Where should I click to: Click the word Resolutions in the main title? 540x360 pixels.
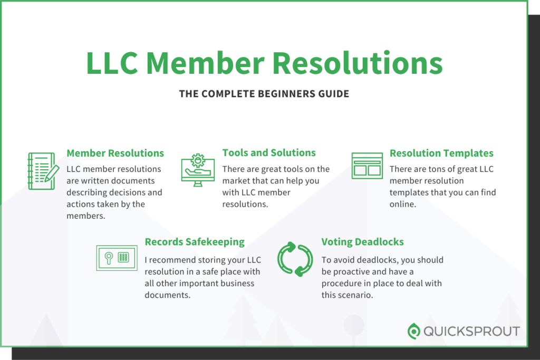(358, 63)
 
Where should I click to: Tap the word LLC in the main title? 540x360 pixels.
(112, 63)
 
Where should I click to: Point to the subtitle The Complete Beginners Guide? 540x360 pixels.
(264, 94)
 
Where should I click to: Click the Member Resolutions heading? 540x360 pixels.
(115, 153)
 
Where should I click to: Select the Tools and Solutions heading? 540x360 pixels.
(269, 153)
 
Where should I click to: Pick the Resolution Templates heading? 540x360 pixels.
(441, 153)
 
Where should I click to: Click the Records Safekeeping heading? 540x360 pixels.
(195, 242)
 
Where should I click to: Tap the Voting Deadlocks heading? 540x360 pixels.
(363, 242)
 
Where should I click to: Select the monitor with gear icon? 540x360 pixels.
(198, 170)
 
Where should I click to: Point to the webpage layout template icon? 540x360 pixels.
(367, 166)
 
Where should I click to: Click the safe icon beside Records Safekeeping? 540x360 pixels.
(117, 258)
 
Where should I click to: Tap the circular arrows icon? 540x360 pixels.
(295, 259)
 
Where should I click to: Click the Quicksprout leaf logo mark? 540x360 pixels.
(413, 331)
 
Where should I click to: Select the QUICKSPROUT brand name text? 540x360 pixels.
(471, 332)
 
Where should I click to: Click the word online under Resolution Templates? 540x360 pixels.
(403, 204)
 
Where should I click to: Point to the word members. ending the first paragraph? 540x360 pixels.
(86, 216)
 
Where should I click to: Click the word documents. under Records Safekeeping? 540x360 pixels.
(167, 295)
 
